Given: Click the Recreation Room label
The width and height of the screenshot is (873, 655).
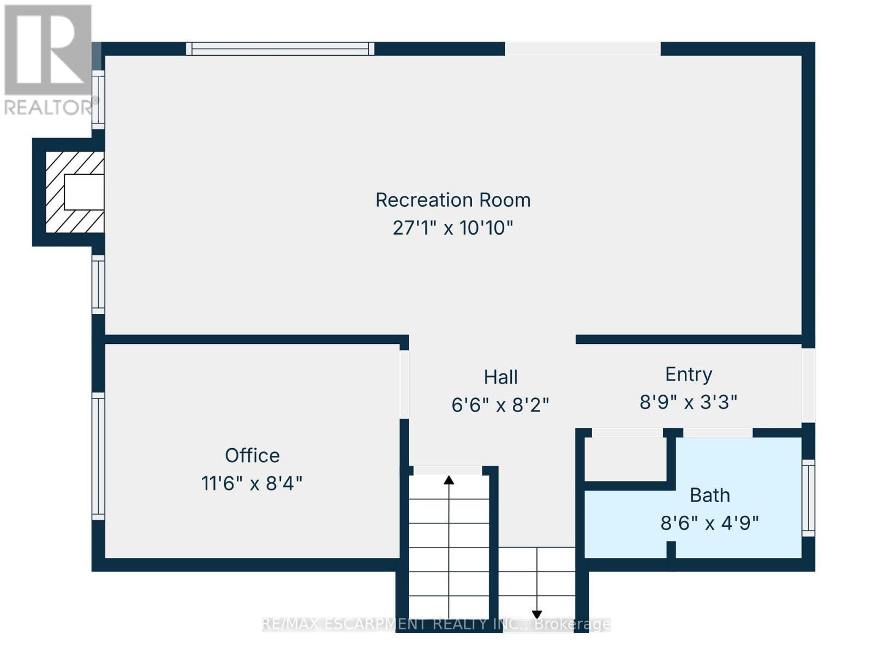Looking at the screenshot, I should (x=453, y=200).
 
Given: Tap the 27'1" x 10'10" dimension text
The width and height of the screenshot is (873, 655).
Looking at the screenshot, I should (x=453, y=228).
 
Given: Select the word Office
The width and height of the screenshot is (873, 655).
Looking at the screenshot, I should (x=252, y=456).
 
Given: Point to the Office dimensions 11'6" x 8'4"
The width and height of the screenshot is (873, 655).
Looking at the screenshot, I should (x=252, y=484).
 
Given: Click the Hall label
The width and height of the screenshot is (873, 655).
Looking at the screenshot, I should (x=500, y=377).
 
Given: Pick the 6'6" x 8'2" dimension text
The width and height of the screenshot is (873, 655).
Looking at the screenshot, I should (x=500, y=405).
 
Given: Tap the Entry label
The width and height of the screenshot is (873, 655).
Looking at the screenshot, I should (x=689, y=374).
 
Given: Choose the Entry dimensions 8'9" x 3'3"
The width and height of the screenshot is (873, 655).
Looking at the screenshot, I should (x=689, y=402).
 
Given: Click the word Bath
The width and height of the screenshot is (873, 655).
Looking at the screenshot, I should (x=710, y=496).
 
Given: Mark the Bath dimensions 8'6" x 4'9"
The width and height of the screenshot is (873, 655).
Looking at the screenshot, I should (x=710, y=523).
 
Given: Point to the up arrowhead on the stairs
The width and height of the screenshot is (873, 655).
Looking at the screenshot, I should (x=449, y=480).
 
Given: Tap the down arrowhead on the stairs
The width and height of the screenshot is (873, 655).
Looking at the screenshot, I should (x=537, y=614).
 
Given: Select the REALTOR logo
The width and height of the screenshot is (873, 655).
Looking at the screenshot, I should (x=48, y=60).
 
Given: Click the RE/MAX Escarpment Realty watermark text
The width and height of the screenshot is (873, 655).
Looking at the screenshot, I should (x=436, y=624).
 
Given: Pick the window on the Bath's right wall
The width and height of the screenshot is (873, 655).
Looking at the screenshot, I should (x=808, y=497).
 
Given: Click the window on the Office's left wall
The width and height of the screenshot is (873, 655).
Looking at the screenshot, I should (x=98, y=456).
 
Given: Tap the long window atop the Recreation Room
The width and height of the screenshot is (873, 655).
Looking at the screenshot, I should (x=280, y=49).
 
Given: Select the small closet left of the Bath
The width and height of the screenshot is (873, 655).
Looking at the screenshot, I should (x=626, y=458).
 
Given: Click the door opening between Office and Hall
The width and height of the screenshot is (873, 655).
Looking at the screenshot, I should (x=404, y=384).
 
